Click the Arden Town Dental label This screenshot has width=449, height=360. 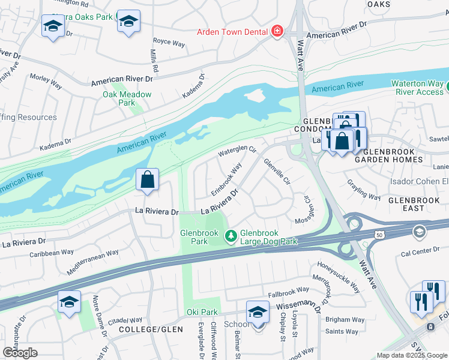232,31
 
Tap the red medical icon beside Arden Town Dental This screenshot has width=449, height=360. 276,31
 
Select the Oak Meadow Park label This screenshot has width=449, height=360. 127,98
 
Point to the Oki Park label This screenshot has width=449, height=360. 202,313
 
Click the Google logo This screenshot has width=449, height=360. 20,353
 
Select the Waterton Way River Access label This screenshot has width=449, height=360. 417,88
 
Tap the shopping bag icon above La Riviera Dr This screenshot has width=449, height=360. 147,180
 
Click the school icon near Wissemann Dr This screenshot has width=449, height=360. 258,313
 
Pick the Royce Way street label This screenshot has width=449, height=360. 169,43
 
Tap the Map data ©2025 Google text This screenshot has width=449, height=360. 411,355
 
